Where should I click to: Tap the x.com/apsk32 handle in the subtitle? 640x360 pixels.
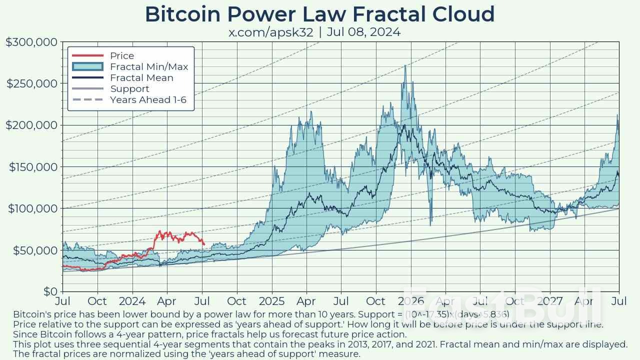click(x=270, y=32)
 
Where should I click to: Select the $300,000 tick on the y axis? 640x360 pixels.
click(x=31, y=42)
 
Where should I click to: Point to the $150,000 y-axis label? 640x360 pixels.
click(x=31, y=166)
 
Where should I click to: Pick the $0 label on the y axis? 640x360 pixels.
click(x=51, y=291)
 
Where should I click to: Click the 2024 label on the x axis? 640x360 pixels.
click(x=132, y=301)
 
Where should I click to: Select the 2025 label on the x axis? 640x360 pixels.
click(x=271, y=301)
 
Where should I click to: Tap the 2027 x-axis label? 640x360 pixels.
click(x=549, y=301)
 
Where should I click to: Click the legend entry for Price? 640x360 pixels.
click(x=122, y=56)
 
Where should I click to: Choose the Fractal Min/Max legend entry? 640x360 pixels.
click(x=149, y=67)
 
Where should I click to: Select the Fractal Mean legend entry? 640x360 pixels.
click(x=141, y=78)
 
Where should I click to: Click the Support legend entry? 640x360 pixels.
click(x=129, y=89)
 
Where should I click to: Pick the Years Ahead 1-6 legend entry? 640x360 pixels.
click(x=148, y=100)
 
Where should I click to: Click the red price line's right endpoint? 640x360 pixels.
click(x=204, y=244)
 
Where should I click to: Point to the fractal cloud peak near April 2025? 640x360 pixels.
click(x=312, y=112)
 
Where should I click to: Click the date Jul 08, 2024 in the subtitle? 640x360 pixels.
click(x=363, y=32)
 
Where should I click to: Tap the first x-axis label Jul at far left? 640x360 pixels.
click(x=62, y=301)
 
